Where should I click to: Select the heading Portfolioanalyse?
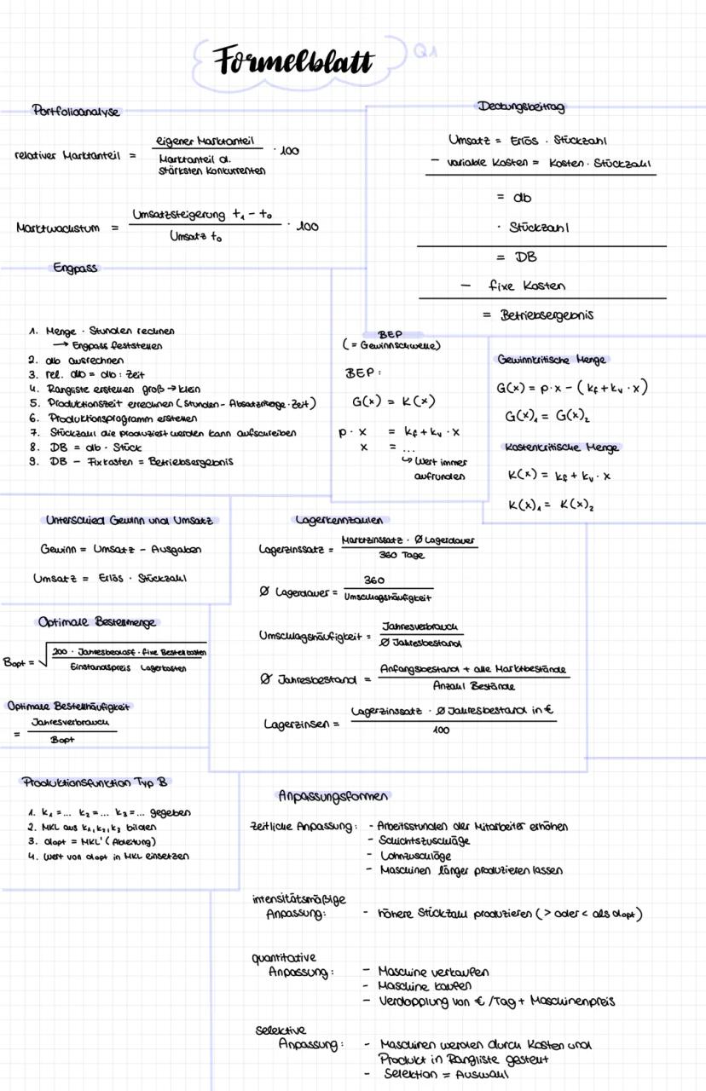click(x=76, y=111)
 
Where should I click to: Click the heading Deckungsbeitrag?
click(x=521, y=107)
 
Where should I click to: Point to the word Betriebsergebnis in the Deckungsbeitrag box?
click(x=545, y=315)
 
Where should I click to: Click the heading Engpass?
click(x=75, y=268)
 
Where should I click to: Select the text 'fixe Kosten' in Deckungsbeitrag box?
click(x=526, y=286)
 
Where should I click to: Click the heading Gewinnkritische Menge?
click(x=552, y=361)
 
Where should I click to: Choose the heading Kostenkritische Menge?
click(x=562, y=447)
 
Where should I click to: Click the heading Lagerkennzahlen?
click(x=341, y=520)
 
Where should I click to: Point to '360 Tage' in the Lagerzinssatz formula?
click(x=402, y=556)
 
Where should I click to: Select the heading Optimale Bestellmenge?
click(x=99, y=622)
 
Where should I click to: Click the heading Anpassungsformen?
click(x=333, y=796)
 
